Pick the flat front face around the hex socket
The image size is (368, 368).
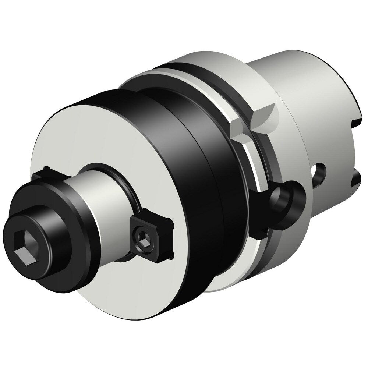coord(15,228)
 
